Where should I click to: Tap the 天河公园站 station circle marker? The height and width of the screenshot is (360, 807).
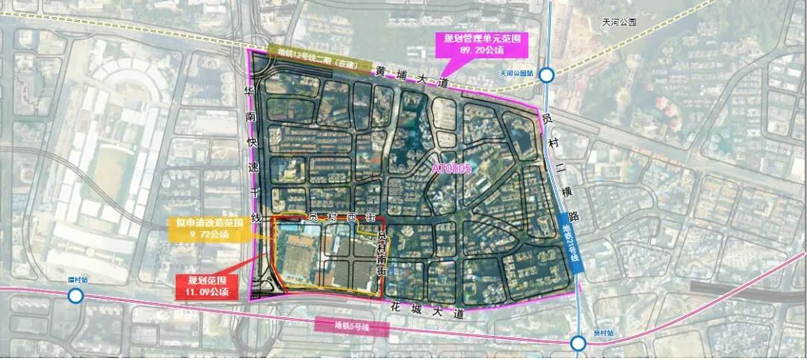[548, 75]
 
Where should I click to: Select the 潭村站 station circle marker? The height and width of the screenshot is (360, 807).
[75, 297]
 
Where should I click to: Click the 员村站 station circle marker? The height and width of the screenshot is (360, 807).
[578, 344]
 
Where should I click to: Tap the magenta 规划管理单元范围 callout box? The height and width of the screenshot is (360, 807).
[482, 44]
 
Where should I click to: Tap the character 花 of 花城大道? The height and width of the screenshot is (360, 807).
[396, 305]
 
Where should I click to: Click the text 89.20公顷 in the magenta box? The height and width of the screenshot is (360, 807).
[482, 51]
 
